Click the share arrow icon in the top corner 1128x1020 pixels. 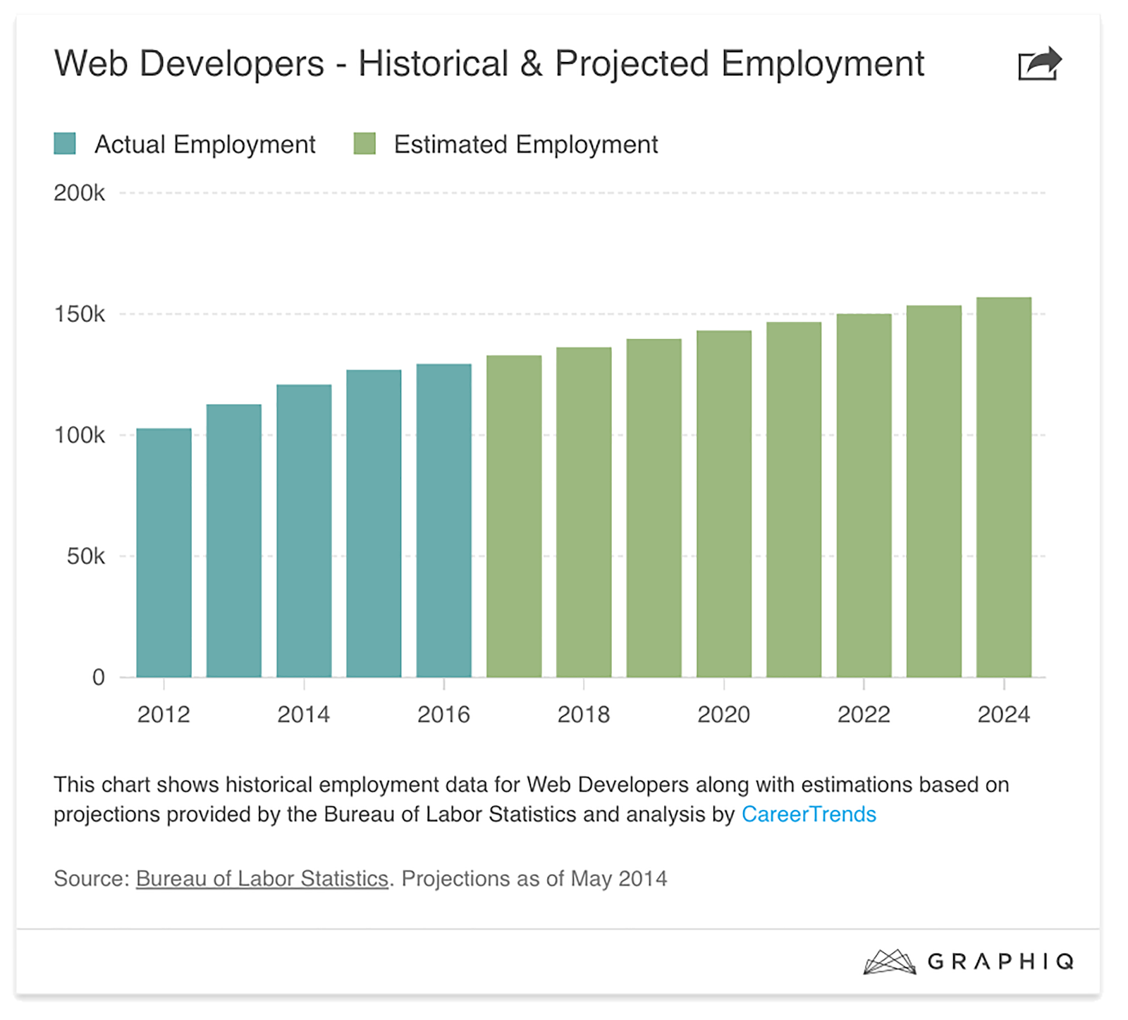point(1039,64)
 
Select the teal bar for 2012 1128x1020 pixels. point(164,553)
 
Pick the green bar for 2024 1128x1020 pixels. point(1004,487)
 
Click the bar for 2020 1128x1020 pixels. point(724,504)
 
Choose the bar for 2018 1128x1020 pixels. point(584,512)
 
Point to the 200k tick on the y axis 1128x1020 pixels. point(79,193)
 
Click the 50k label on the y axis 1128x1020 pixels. point(85,557)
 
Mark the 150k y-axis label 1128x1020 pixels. point(79,314)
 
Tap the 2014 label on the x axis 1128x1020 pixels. point(304,715)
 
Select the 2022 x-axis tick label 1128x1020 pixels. point(864,715)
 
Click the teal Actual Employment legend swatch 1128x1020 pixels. point(65,144)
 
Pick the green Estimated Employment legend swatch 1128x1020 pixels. point(364,144)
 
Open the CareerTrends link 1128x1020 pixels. point(809,814)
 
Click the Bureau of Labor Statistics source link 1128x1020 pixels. point(262,878)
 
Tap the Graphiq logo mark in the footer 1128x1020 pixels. point(889,961)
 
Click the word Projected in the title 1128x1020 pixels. point(632,64)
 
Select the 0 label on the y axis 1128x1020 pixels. point(99,677)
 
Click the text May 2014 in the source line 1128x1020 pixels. point(618,878)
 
